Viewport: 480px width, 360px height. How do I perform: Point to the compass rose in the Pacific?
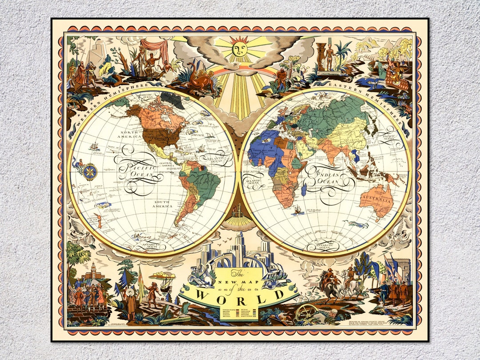pos(90,171)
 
